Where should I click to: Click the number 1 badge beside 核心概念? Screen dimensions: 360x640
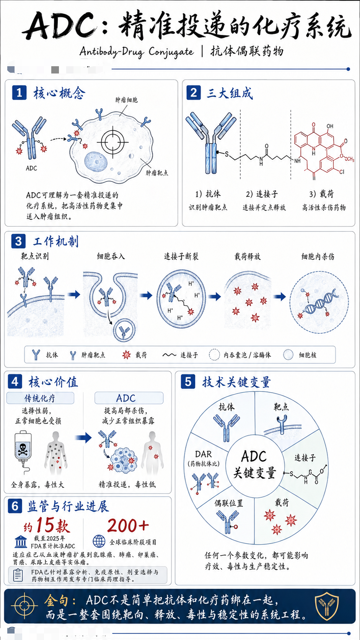click(x=19, y=93)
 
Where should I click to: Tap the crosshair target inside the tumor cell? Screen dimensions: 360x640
click(x=112, y=142)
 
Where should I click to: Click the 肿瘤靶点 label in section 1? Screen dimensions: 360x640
click(x=157, y=173)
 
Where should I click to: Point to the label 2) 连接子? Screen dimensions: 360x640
click(x=262, y=194)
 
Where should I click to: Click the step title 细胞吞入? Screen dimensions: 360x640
click(x=111, y=256)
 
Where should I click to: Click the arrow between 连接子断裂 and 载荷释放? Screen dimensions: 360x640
click(x=214, y=296)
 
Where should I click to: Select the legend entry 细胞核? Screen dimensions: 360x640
click(x=300, y=355)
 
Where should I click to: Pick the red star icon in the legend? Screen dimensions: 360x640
click(x=127, y=355)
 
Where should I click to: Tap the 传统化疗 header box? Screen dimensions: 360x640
click(x=40, y=398)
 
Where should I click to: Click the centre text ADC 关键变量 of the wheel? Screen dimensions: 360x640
click(x=254, y=464)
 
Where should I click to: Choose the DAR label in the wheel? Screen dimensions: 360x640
click(x=204, y=454)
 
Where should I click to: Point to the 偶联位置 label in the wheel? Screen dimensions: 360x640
click(x=229, y=503)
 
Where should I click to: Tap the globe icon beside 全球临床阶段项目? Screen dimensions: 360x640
click(x=99, y=540)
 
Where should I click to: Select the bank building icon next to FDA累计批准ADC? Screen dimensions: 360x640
click(x=21, y=541)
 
